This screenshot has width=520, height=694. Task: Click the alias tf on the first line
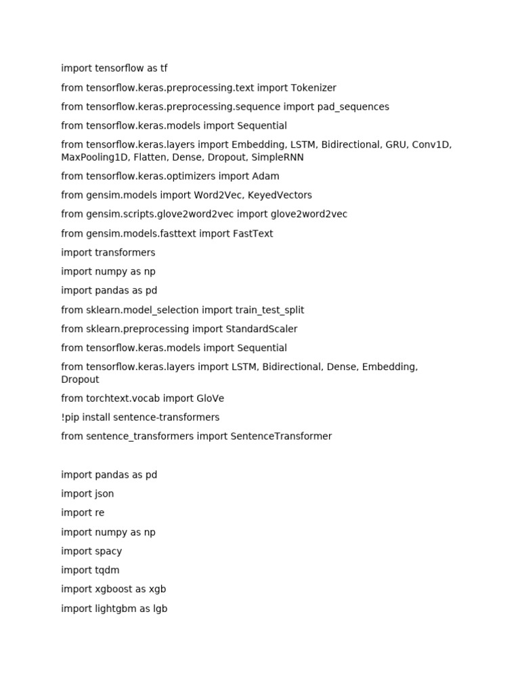coord(164,68)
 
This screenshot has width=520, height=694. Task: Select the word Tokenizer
coord(313,87)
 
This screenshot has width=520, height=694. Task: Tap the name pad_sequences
coord(353,106)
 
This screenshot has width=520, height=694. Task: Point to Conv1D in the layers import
coord(431,144)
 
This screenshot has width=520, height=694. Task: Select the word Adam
coord(265,176)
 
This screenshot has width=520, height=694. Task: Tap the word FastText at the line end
coord(253,233)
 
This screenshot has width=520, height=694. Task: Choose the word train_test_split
coord(269,310)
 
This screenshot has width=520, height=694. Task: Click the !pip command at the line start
coord(70,417)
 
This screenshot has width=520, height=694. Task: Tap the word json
coord(104,494)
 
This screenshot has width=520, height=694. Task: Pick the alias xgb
coord(157,589)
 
